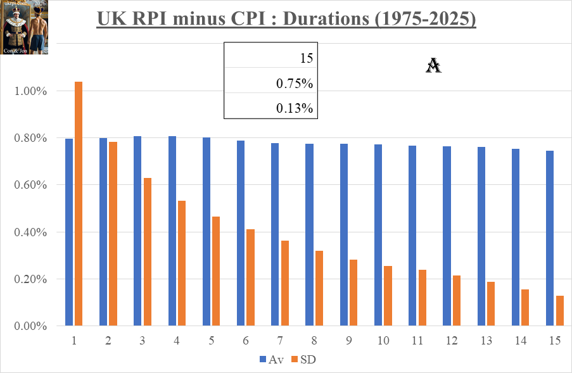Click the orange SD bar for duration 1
[79, 203]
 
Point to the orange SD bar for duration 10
[388, 296]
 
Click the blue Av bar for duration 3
[137, 231]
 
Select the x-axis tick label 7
[280, 341]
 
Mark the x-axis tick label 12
[452, 341]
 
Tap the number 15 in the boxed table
[307, 59]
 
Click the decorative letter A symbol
[433, 65]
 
